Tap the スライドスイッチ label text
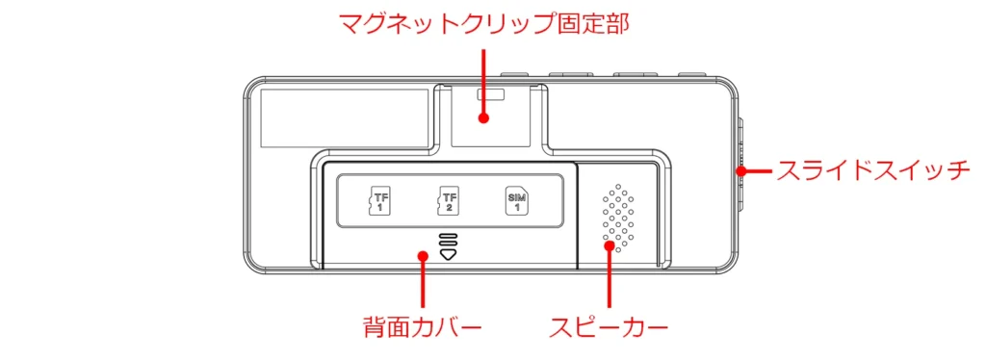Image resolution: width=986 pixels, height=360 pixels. (869, 170)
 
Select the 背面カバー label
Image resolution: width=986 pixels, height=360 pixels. (422, 327)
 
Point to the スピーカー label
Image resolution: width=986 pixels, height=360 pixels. (609, 327)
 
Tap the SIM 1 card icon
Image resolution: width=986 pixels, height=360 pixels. (516, 201)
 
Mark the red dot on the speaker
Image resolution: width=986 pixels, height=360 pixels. (609, 245)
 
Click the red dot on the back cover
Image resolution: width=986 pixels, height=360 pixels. (423, 256)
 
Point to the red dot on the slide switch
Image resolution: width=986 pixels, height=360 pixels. (741, 170)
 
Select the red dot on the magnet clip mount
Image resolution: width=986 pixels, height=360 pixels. (483, 117)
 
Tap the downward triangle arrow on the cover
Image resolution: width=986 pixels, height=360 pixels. (448, 254)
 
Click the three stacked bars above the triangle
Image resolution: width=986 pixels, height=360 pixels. (448, 240)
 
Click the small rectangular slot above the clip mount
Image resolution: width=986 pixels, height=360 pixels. (492, 95)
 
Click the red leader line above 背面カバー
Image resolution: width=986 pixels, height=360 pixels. (423, 286)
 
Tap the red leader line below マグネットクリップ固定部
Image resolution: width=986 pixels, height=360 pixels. (483, 81)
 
